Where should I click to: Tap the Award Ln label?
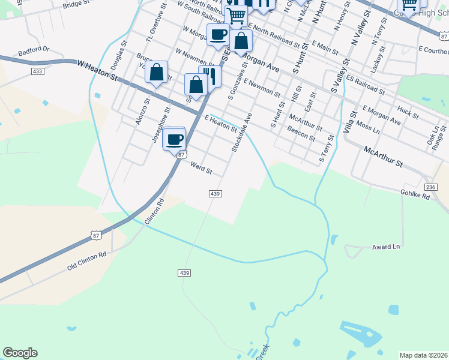[385, 247]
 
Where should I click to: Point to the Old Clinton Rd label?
[86, 259]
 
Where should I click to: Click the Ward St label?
[201, 167]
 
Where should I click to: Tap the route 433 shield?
[38, 71]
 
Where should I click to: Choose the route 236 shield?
[430, 188]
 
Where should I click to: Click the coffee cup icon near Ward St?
[175, 139]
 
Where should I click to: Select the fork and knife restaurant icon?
[210, 76]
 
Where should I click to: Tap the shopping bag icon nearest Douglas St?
[156, 73]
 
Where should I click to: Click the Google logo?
[20, 353]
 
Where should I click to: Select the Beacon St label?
[301, 133]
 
